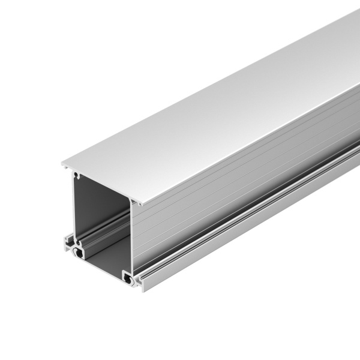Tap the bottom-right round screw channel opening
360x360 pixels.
(129, 278)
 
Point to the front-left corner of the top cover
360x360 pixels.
(62, 163)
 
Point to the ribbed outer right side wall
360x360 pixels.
(240, 180)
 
